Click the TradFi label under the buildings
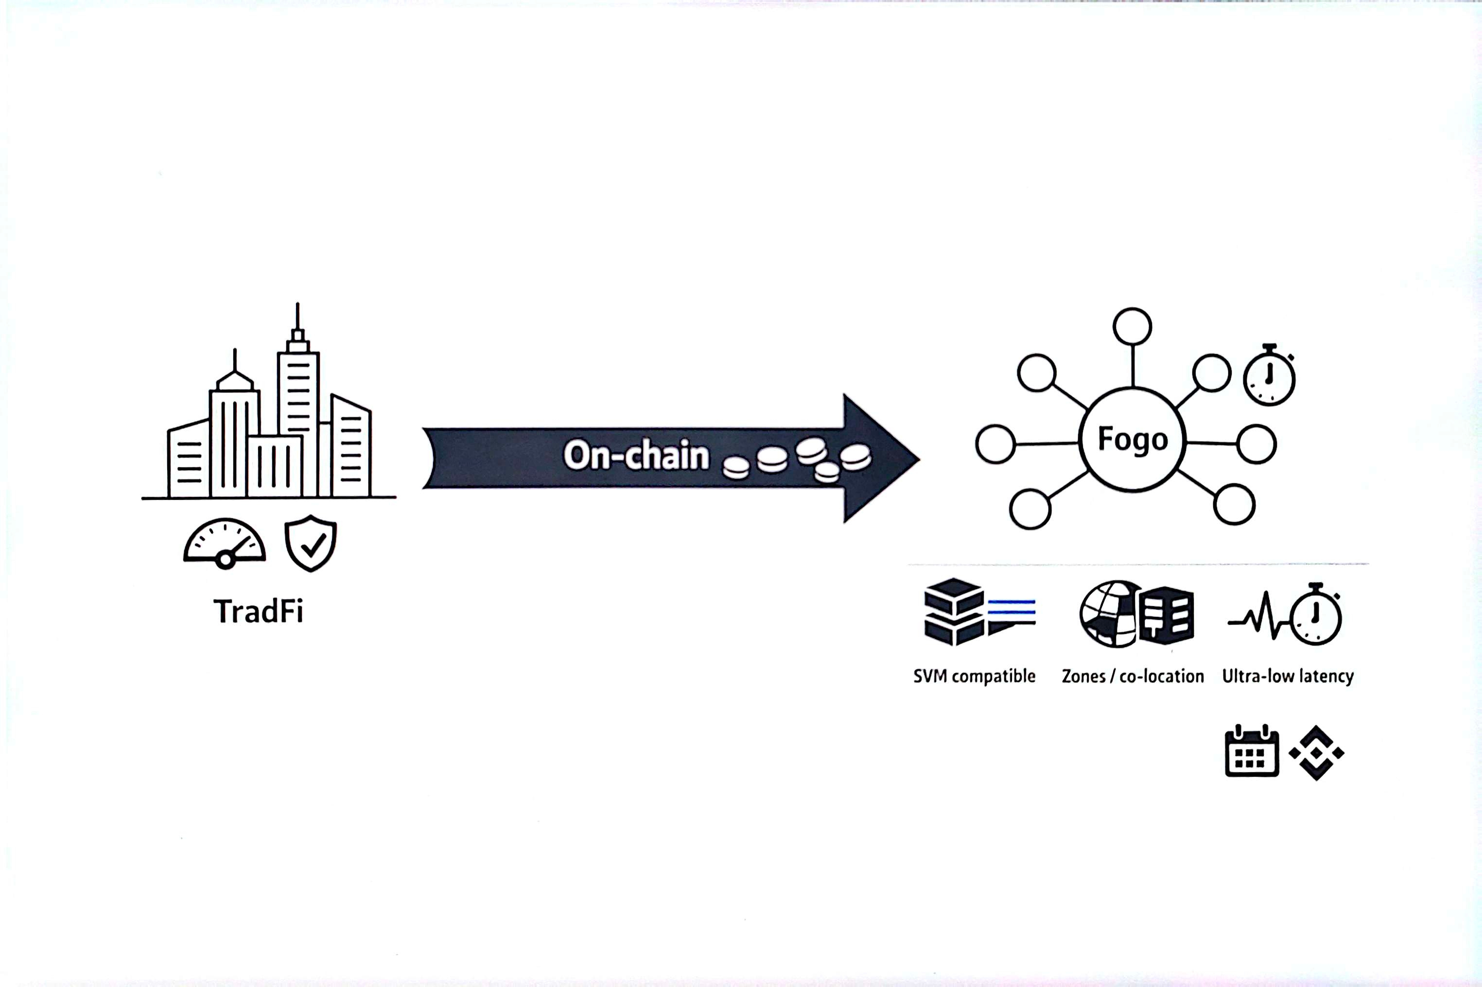click(x=258, y=611)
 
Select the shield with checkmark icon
click(x=311, y=543)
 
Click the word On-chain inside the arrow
click(x=636, y=456)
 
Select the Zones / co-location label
click(x=1133, y=677)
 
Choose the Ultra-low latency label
click(x=1288, y=677)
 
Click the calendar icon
click(x=1252, y=752)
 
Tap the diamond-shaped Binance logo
click(x=1316, y=753)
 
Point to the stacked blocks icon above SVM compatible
click(x=954, y=612)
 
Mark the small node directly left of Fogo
click(x=995, y=444)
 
